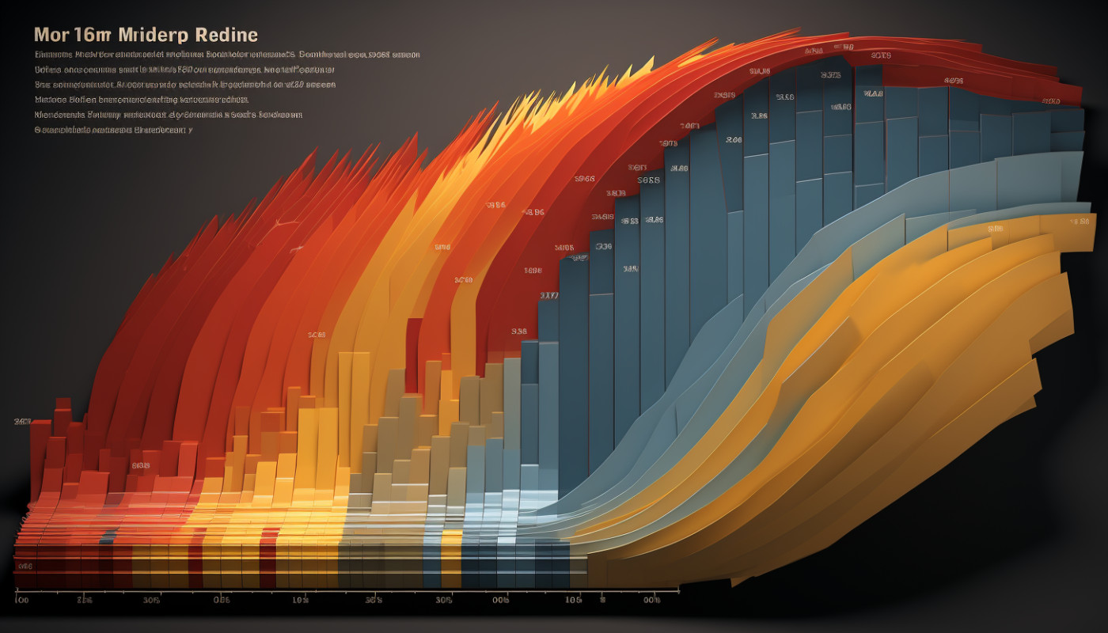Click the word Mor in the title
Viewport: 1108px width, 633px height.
pyautogui.click(x=53, y=36)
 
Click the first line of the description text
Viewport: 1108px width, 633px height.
pyautogui.click(x=227, y=55)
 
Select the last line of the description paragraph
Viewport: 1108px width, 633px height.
pyautogui.click(x=113, y=129)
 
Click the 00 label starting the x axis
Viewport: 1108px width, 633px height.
pyautogui.click(x=22, y=601)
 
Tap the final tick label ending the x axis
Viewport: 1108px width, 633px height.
pyautogui.click(x=651, y=601)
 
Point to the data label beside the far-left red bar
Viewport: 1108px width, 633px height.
pyautogui.click(x=22, y=422)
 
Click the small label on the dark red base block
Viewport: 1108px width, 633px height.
pyautogui.click(x=25, y=567)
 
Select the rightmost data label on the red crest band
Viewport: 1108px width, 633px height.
pyautogui.click(x=1050, y=101)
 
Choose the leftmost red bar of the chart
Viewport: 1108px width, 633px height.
pyautogui.click(x=40, y=459)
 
